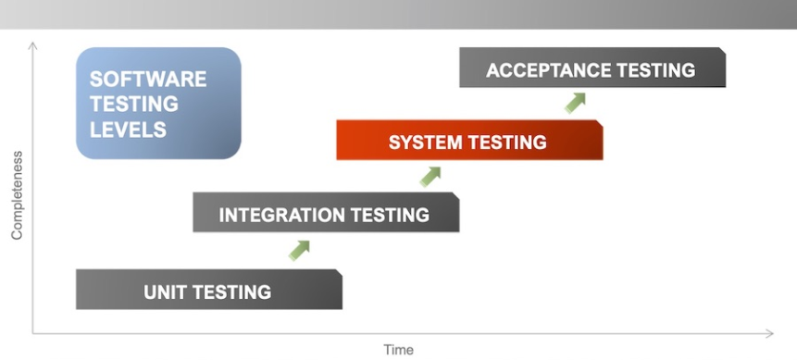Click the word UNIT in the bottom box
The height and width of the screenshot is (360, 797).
[x=165, y=292]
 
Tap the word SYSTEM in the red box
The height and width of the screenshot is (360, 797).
[x=427, y=143]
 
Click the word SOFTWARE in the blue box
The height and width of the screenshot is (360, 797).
[x=148, y=79]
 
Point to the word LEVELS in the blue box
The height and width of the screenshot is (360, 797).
[x=128, y=130]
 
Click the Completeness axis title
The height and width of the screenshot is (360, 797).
[x=16, y=195]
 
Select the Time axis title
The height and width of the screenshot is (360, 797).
[x=398, y=349]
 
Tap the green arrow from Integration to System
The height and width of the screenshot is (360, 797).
[x=430, y=176]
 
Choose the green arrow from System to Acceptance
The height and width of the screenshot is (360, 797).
[x=575, y=102]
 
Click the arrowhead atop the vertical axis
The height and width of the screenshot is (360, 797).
[x=33, y=44]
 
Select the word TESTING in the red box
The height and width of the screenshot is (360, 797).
[x=506, y=143]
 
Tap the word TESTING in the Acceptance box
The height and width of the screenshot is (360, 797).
[x=656, y=70]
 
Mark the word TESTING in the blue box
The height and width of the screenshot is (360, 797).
[x=134, y=104]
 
